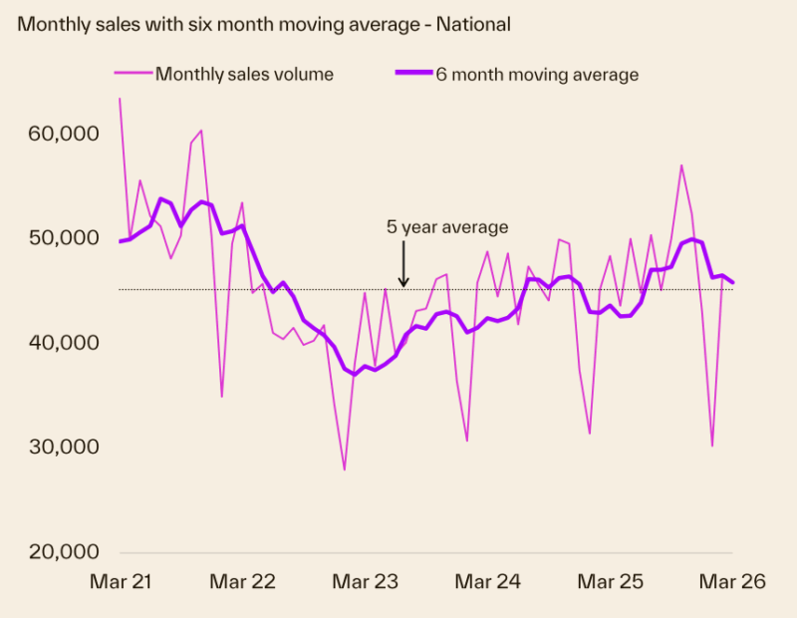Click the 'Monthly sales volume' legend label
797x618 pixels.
[x=244, y=74]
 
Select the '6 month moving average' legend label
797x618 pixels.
[x=537, y=74]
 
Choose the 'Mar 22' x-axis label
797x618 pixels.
[x=242, y=583]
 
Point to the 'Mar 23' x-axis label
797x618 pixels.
[x=365, y=583]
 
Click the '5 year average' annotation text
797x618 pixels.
[x=447, y=227]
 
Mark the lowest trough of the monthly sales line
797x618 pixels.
[x=345, y=469]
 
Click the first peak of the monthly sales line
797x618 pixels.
[x=121, y=99]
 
